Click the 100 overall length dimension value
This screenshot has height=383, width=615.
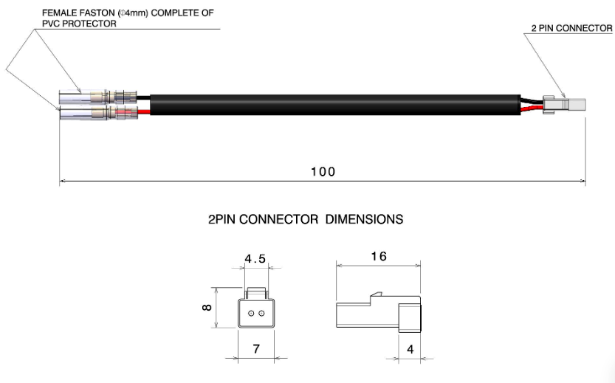coord(323,172)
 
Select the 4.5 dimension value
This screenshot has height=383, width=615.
coord(255,259)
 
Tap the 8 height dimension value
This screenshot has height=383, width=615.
coord(207,307)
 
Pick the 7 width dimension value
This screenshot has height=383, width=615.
coord(256,348)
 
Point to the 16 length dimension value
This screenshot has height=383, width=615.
coord(379,256)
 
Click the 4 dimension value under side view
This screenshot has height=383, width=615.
coord(410,349)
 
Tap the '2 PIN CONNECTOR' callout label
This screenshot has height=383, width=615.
coord(572,28)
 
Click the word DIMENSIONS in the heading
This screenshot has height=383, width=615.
coord(364,219)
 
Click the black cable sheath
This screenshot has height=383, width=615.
coord(335,105)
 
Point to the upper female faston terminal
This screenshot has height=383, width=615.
coord(98,96)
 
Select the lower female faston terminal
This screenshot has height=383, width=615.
coord(98,114)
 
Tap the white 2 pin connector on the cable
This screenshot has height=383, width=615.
coord(564,106)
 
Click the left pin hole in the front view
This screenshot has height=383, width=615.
coord(251,313)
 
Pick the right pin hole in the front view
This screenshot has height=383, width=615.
coord(261,313)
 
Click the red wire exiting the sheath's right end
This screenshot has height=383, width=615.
coord(532,108)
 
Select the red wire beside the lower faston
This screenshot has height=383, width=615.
coord(144,112)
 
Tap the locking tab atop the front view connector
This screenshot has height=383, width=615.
coord(255,293)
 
